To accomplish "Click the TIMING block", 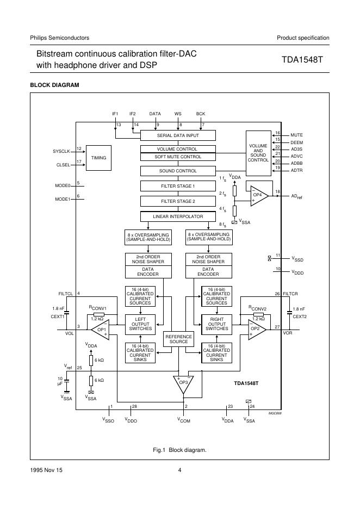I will [98, 158].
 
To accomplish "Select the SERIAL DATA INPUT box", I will [178, 135].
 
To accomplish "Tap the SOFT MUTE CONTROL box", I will [178, 157].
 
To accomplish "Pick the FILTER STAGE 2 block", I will [178, 201].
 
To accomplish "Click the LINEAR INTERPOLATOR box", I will [178, 216].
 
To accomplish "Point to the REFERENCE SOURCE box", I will [178, 339].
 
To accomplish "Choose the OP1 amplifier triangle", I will [101, 330].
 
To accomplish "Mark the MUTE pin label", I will [296, 134].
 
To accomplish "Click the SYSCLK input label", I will [61, 150].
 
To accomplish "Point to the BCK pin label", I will [200, 114].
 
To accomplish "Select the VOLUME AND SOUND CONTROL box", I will [258, 153].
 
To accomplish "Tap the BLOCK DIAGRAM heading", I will [54, 85].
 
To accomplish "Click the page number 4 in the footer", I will [179, 470].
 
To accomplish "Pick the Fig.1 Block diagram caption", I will [179, 450].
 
